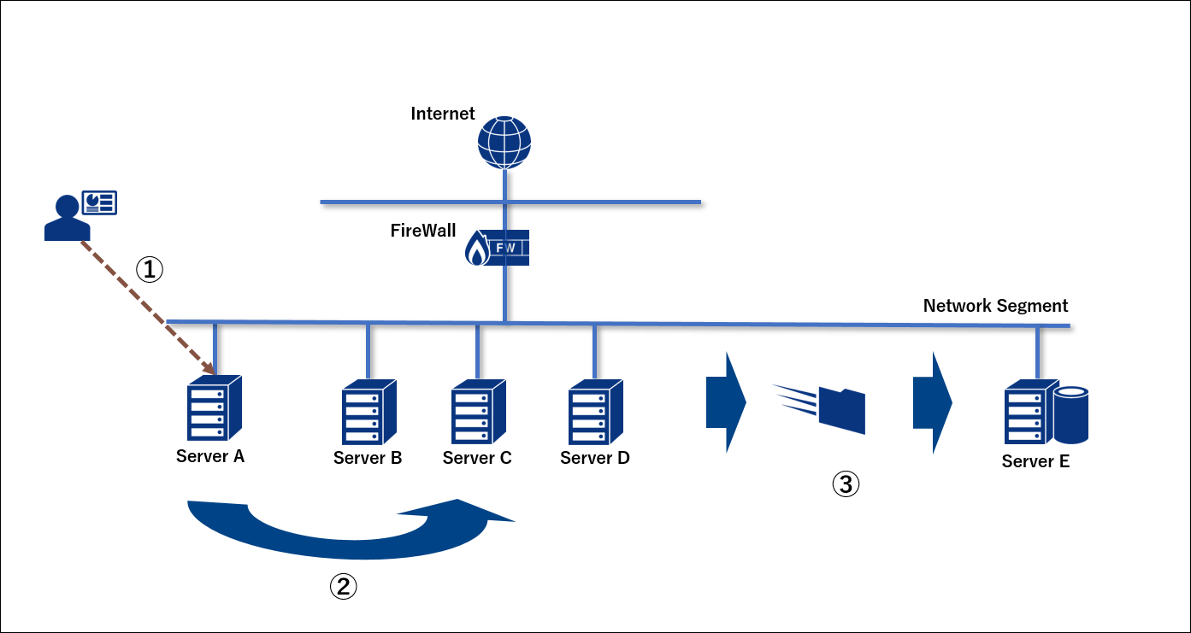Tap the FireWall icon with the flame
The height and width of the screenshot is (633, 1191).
coord(498,248)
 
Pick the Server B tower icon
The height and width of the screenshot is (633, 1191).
coord(369,413)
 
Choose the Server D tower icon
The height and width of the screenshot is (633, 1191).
coord(596,413)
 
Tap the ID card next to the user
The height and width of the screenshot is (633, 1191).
coord(99,202)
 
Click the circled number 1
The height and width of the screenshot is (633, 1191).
coord(149,270)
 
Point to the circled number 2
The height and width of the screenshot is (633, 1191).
coord(343,586)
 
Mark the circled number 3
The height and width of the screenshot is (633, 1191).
coord(846,485)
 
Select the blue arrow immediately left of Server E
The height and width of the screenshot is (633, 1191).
coord(932,401)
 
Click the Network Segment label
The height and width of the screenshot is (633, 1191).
coord(995,306)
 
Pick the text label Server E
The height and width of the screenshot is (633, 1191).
coord(1035,462)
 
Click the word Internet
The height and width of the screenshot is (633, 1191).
coord(443,114)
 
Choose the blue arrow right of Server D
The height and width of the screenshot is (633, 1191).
coord(725,401)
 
